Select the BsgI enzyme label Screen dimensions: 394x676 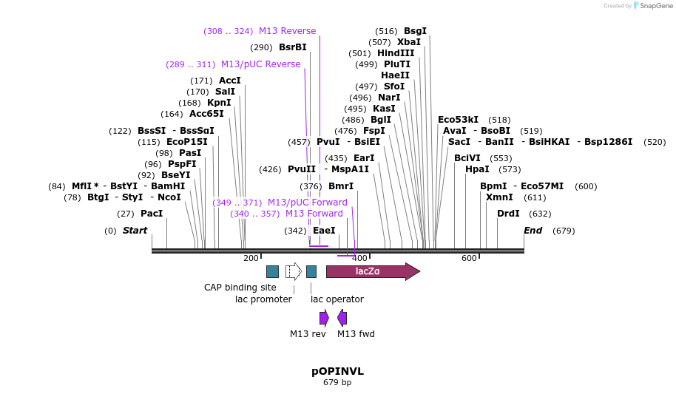[x=415, y=31]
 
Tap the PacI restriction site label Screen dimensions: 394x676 [x=152, y=214]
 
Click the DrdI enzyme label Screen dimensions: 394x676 [x=508, y=214]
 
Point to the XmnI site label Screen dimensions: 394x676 [x=499, y=197]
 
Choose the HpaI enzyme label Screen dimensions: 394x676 [x=477, y=169]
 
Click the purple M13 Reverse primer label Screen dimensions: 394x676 [x=287, y=31]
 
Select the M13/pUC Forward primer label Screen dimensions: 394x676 [x=307, y=203]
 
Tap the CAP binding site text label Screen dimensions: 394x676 [x=240, y=288]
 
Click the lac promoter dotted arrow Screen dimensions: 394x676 [x=293, y=271]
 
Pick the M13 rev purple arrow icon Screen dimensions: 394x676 [x=324, y=318]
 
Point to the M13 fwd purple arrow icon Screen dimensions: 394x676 [x=342, y=318]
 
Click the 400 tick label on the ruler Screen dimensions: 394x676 [x=359, y=258]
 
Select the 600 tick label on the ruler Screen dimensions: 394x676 [x=469, y=258]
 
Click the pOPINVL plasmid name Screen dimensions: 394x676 [x=337, y=371]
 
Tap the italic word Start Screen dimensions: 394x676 [x=135, y=231]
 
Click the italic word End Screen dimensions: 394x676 [x=533, y=231]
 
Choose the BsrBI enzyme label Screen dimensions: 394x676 [x=292, y=47]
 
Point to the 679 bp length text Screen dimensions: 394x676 [x=337, y=383]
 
